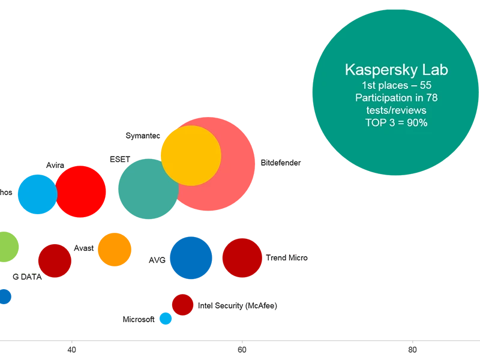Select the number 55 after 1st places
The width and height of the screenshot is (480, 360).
(425, 86)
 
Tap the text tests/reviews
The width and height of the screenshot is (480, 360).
(396, 110)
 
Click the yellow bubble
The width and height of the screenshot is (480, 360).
(190, 155)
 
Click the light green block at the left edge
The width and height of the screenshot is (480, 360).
(15, 252)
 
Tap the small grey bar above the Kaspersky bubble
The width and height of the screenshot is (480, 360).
(396, 7)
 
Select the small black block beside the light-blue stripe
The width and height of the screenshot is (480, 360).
(138, 319)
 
